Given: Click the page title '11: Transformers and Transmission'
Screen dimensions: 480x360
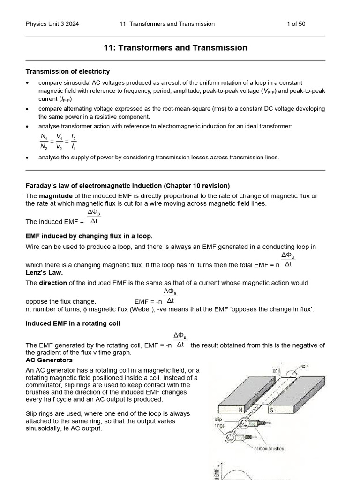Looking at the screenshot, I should click(x=175, y=48).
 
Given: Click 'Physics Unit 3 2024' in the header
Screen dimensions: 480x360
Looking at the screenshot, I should click(x=52, y=24).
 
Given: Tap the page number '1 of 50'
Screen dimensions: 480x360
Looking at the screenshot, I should click(x=296, y=24).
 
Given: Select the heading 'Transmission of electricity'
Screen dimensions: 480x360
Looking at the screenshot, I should click(x=67, y=72).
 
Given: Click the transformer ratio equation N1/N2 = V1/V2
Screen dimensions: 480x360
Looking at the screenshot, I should click(x=58, y=141).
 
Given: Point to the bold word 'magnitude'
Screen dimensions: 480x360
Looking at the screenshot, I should click(x=54, y=195).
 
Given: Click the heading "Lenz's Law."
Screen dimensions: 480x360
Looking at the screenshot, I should click(x=44, y=272).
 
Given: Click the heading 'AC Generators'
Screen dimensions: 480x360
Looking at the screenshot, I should click(x=49, y=360).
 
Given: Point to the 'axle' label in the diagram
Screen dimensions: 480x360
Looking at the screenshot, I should click(x=305, y=366).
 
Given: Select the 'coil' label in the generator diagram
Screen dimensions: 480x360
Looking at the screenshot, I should click(x=277, y=370).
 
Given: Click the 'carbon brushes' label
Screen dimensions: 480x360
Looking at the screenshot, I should click(x=269, y=449).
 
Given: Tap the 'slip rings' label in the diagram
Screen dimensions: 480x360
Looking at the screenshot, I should click(x=219, y=422).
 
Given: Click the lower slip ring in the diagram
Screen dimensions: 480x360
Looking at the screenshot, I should click(x=233, y=438).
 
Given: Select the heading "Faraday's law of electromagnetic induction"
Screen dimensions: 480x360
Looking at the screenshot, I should click(x=127, y=186).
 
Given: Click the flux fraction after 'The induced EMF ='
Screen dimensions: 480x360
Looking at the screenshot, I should click(x=94, y=217).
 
